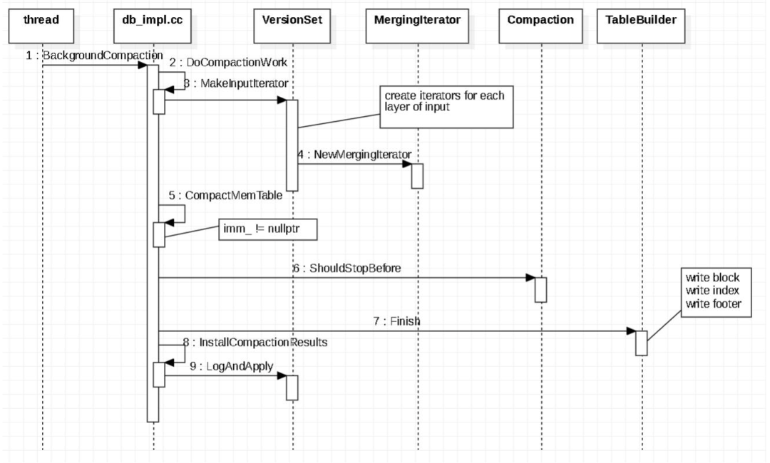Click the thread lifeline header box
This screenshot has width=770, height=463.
[41, 26]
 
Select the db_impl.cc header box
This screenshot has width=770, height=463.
[153, 26]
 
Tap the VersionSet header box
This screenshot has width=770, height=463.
[292, 26]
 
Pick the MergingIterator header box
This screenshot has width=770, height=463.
[417, 26]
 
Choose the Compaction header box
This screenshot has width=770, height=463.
[540, 26]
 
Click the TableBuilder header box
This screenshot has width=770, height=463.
[641, 26]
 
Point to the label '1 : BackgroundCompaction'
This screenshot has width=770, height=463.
[94, 56]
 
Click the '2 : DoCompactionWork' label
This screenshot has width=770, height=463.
[228, 62]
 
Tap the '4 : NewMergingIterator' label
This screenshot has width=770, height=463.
[354, 155]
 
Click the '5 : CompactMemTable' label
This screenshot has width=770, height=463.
[225, 195]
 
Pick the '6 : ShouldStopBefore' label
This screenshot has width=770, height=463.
[346, 269]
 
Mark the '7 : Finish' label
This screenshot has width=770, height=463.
[397, 321]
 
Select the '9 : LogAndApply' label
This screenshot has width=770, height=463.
[231, 366]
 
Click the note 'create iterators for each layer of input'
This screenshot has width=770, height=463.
[446, 108]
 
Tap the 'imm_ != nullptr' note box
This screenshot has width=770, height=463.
[267, 229]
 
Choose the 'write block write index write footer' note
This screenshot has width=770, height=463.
[716, 292]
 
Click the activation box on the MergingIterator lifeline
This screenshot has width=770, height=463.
[417, 176]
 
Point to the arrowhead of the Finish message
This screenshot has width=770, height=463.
[632, 331]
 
